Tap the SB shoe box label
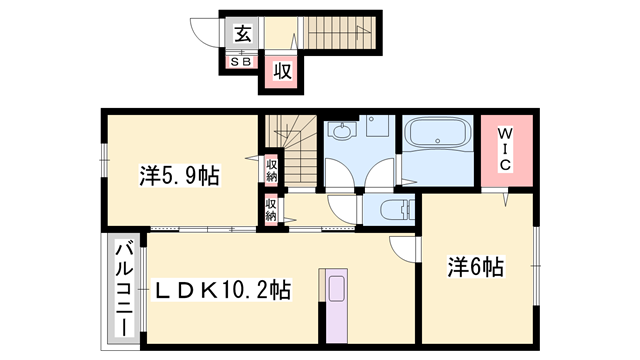click(241, 62)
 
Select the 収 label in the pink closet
click(282, 70)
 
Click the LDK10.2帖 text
click(222, 291)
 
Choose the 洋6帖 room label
click(475, 267)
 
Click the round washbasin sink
click(342, 131)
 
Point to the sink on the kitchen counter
click(334, 288)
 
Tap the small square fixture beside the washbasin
click(378, 127)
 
